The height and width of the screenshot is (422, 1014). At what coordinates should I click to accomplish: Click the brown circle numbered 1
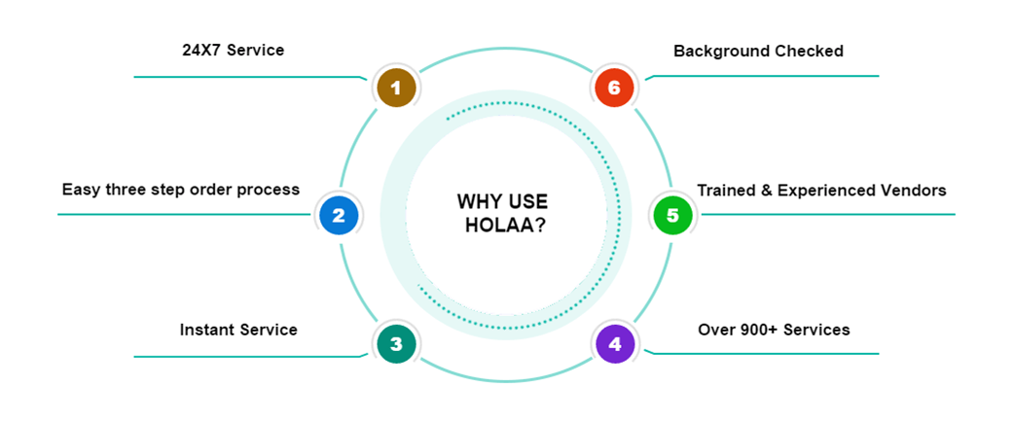396,88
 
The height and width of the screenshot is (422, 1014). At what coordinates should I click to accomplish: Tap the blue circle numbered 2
339,215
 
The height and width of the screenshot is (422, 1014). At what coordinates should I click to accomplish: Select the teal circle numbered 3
396,343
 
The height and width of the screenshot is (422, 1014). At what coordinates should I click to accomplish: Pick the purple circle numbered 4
614,343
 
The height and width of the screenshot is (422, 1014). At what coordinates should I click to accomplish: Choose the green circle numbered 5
671,215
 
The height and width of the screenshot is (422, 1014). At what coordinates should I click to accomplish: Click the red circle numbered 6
614,88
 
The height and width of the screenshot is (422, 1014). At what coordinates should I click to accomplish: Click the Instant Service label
238,330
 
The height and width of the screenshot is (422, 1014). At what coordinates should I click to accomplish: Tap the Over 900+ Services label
774,330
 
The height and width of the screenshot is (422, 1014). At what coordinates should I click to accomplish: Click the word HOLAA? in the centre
502,226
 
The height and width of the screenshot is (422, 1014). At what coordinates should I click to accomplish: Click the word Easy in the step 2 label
80,190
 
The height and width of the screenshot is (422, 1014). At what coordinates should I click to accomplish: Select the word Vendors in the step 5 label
911,190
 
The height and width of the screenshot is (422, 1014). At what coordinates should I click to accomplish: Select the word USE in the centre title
528,202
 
